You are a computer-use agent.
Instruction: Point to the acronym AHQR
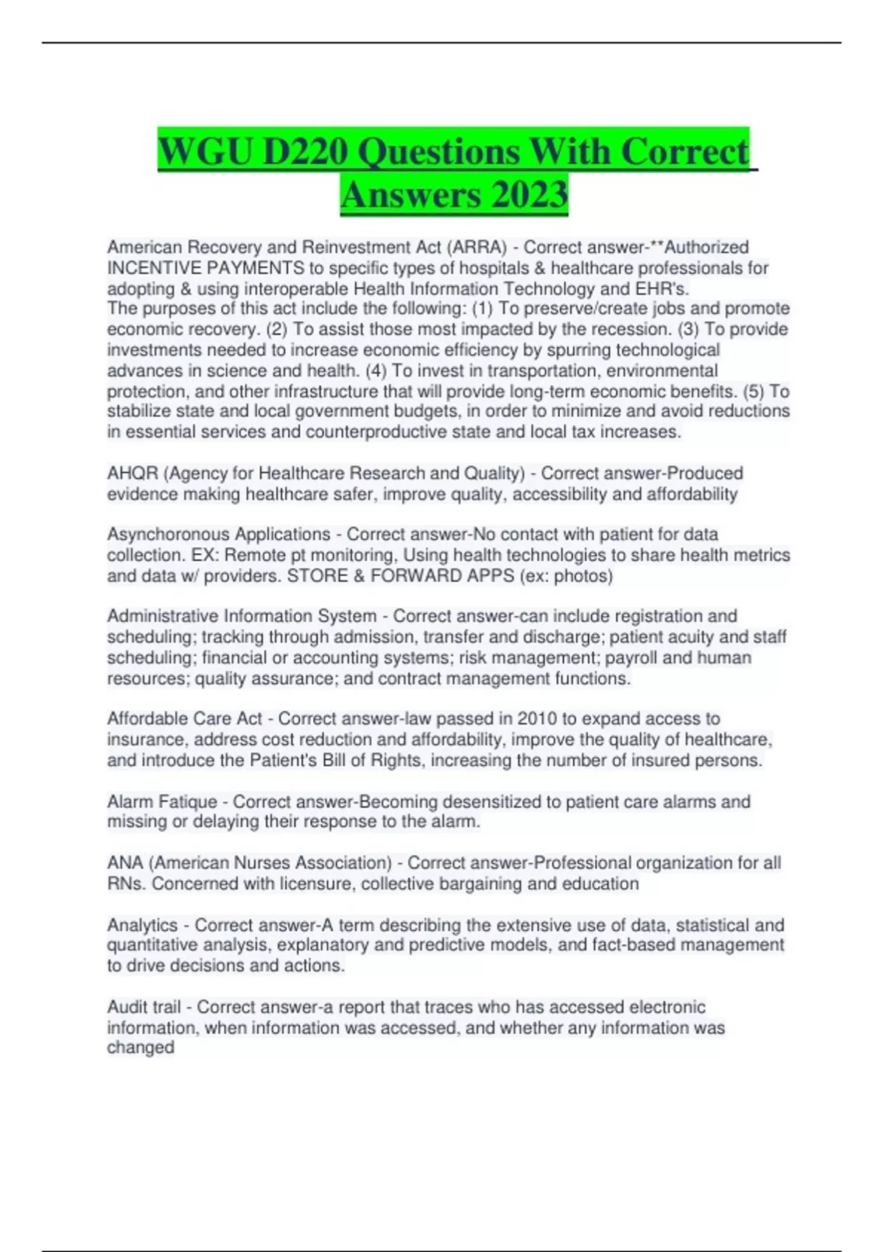click(x=133, y=473)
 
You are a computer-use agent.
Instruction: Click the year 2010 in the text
click(x=537, y=718)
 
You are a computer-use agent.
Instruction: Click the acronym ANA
click(x=125, y=862)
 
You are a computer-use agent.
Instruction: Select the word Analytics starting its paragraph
click(x=142, y=925)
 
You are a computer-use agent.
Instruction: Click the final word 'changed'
click(x=141, y=1047)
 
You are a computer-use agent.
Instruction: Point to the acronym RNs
click(x=126, y=883)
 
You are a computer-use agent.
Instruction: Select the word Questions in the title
click(x=438, y=152)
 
